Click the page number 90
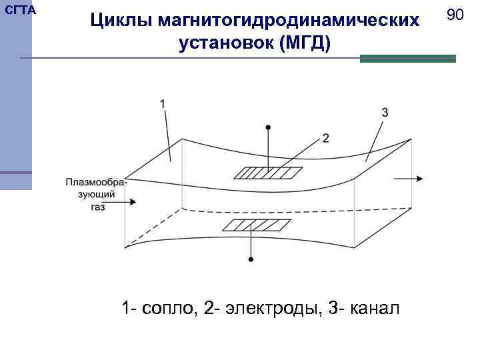[x=455, y=14]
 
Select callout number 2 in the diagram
[x=325, y=138]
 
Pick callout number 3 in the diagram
[x=385, y=112]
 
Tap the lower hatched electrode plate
[x=251, y=225]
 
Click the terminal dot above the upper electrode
[x=268, y=125]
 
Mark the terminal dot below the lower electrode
[x=251, y=258]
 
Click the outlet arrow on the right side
[x=409, y=179]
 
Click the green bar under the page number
[x=407, y=59]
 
